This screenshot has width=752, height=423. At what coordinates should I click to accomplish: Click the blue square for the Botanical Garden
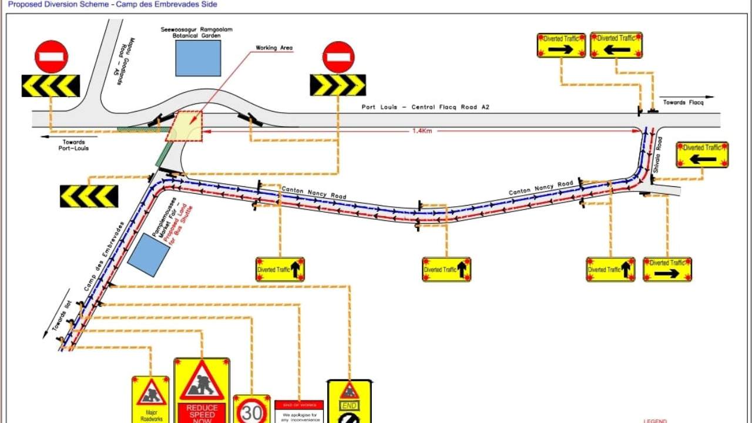(x=198, y=58)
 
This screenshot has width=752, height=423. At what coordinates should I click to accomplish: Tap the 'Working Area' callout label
(x=274, y=48)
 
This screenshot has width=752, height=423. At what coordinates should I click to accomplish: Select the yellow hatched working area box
(x=184, y=126)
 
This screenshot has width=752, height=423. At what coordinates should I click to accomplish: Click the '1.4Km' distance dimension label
(x=422, y=131)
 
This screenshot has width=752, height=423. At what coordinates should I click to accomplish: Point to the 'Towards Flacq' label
(x=683, y=102)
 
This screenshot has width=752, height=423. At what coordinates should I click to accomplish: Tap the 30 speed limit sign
(x=251, y=410)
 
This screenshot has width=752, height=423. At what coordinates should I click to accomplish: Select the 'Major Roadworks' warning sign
(x=150, y=399)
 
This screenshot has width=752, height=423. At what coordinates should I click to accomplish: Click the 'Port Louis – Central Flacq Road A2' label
(x=425, y=107)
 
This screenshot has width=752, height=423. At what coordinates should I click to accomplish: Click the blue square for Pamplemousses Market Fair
(x=149, y=254)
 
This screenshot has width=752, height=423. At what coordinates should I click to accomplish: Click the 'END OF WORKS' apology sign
(x=299, y=411)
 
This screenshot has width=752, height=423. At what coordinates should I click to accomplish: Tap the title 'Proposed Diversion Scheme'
(x=112, y=4)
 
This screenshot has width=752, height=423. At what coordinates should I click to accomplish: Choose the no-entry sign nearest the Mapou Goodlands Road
(x=51, y=56)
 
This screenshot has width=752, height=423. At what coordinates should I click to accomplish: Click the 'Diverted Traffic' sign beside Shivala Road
(x=702, y=155)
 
